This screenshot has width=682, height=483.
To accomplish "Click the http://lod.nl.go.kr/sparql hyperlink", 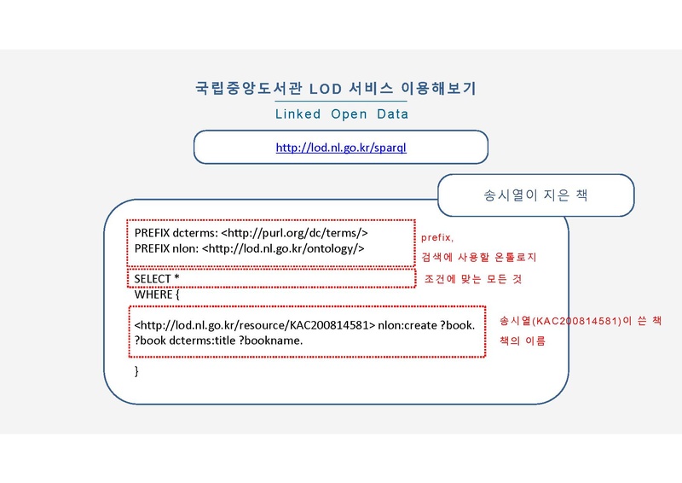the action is point(341,148).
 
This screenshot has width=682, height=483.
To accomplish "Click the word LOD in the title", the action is point(326,89).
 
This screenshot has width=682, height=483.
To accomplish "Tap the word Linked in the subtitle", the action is point(298,114).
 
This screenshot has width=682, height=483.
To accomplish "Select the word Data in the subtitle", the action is point(393,114).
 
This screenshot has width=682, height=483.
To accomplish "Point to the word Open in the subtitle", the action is point(349,114).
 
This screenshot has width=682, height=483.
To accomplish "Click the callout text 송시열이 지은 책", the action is point(536,195).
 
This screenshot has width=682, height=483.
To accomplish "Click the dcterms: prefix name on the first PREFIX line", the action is point(195,233).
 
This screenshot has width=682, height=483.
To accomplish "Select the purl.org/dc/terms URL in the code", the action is point(294,233).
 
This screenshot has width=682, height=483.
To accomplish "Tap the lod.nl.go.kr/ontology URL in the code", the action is point(283,248).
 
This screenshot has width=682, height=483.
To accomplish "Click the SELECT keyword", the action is point(153,279).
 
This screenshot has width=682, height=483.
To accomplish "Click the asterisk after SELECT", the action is point(176,277).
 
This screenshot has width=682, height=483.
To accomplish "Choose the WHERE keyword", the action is point(153,295).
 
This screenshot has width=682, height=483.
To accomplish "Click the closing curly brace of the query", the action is point(136,371).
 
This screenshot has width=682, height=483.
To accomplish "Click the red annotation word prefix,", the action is point(437,238).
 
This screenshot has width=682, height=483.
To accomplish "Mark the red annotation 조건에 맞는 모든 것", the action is point(473,279).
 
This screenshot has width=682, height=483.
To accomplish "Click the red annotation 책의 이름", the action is point(523,340).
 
